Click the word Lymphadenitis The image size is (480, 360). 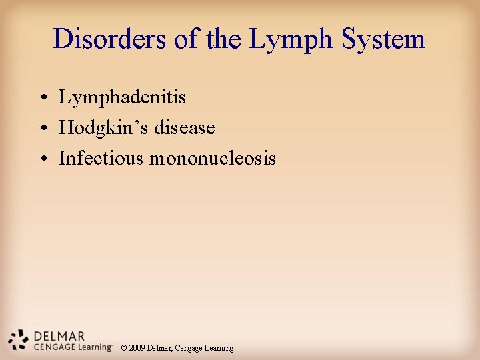click(122, 97)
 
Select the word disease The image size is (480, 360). click(185, 128)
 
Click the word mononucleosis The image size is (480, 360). click(213, 159)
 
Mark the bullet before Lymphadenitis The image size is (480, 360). click(42, 99)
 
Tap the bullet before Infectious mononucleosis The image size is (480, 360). click(42, 160)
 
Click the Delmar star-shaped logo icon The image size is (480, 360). click(19, 340)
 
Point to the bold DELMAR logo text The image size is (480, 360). click(58, 335)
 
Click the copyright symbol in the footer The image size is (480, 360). click(124, 348)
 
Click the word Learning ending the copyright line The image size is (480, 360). click(219, 348)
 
